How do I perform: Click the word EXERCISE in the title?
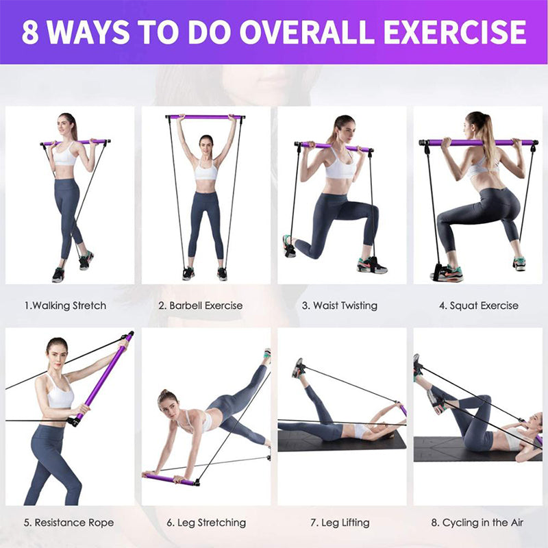(454, 32)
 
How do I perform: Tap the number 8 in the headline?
(29, 32)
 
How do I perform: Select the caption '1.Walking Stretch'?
(65, 306)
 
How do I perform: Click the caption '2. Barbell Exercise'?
(201, 306)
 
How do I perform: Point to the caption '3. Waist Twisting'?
(339, 306)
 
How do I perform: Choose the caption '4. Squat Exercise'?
(478, 306)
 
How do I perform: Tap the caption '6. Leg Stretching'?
(206, 523)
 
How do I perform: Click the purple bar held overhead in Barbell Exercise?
(206, 117)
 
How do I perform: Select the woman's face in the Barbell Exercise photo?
(206, 142)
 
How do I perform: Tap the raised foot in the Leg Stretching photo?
(266, 356)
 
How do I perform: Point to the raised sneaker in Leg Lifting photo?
(298, 368)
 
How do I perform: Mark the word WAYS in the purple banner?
(91, 32)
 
